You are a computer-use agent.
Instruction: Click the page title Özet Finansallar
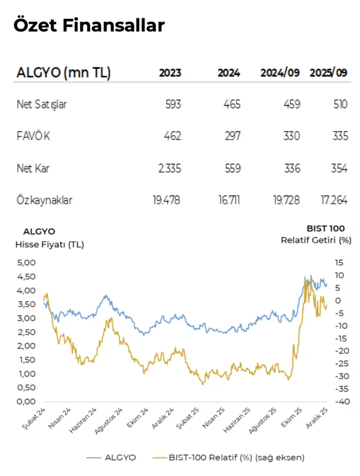click(x=89, y=25)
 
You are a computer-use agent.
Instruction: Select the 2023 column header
click(x=170, y=73)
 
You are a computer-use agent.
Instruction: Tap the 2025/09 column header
click(x=328, y=73)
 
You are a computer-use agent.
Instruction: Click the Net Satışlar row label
click(x=42, y=104)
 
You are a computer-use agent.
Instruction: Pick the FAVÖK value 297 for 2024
click(x=232, y=136)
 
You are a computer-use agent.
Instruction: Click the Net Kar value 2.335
click(x=169, y=168)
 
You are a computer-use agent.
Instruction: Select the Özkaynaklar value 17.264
click(x=334, y=200)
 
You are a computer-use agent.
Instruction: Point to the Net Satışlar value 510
click(x=340, y=104)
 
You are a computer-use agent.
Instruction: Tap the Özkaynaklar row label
click(x=44, y=200)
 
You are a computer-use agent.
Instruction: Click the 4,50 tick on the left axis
click(x=26, y=277)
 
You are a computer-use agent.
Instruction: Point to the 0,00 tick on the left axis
click(x=26, y=401)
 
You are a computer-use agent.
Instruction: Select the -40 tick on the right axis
click(x=342, y=401)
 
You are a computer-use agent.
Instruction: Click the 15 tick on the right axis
click(x=339, y=263)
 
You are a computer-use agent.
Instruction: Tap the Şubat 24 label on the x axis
click(x=34, y=419)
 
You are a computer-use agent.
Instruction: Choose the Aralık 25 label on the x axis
click(x=317, y=418)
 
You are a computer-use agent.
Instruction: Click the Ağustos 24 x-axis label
click(x=109, y=421)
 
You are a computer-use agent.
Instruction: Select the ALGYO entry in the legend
click(x=120, y=458)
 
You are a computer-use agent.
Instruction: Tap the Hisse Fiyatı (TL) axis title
click(x=49, y=245)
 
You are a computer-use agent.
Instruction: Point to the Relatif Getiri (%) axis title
click(x=316, y=240)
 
